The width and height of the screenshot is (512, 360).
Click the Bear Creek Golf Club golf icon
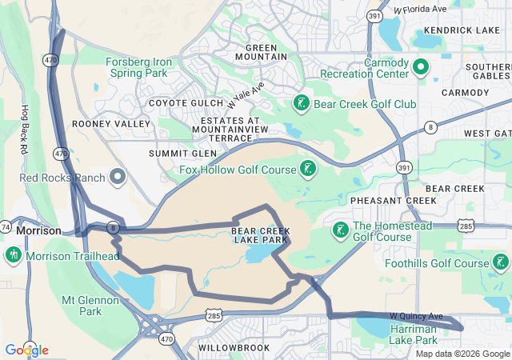(301, 103)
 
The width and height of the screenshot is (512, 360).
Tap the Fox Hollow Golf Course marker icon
(306, 168)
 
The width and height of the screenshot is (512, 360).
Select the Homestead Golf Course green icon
(339, 230)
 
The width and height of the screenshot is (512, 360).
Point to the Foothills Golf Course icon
(500, 262)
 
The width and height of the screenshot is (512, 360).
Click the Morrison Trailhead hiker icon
(13, 255)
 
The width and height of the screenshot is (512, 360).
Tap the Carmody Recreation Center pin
(422, 66)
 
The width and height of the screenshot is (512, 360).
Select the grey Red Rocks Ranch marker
(118, 176)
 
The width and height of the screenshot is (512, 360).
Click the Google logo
(26, 350)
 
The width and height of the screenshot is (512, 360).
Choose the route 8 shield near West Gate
(430, 126)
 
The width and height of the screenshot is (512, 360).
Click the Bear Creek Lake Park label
(259, 235)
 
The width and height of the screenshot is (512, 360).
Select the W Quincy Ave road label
(415, 317)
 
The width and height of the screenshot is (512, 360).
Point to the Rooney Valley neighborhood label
(110, 124)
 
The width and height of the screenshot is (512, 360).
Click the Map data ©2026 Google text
(462, 354)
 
